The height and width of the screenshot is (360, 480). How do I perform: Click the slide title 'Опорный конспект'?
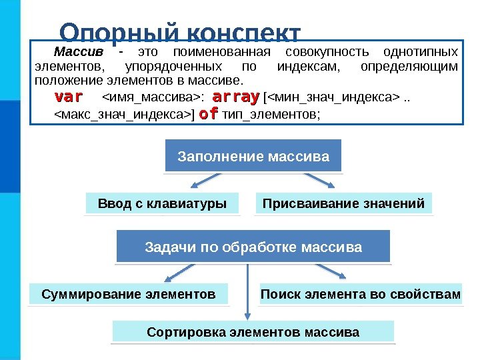(x=180, y=33)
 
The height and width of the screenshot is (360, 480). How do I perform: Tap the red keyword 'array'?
(x=238, y=99)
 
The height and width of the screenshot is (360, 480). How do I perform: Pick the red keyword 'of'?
(x=209, y=114)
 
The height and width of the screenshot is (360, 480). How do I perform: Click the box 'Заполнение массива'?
(x=253, y=157)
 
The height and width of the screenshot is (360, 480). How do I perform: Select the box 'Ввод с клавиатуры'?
(x=162, y=203)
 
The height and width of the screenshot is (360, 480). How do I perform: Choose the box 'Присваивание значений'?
(x=343, y=203)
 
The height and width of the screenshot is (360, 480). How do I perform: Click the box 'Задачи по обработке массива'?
(x=253, y=247)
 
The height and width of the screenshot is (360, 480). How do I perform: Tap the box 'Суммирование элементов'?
(x=129, y=293)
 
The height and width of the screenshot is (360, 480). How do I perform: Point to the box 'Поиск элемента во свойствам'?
(x=360, y=293)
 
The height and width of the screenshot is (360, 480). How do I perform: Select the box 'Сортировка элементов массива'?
(x=253, y=331)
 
